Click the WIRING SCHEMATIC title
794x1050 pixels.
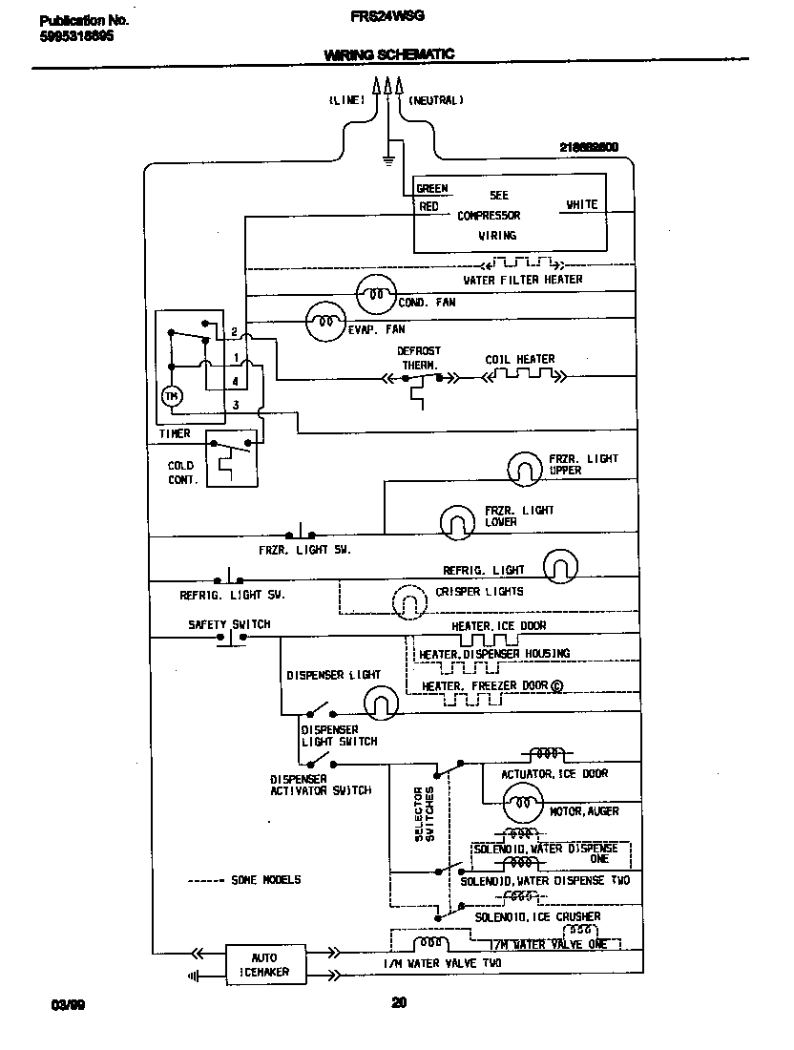(x=388, y=55)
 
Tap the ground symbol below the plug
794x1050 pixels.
(x=387, y=158)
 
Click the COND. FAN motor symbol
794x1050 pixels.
(x=375, y=296)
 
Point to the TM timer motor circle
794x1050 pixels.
(x=172, y=396)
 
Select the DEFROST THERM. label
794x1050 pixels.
(x=419, y=358)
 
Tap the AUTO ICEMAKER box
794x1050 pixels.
(x=264, y=964)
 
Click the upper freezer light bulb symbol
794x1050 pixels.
(x=524, y=466)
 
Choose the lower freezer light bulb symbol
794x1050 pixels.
(x=457, y=520)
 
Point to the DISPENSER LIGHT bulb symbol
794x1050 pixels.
(x=380, y=704)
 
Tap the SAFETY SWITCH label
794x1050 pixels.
(x=229, y=625)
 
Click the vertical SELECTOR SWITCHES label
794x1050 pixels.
(x=424, y=814)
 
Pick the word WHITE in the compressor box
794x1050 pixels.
(x=581, y=204)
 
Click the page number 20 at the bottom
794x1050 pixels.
(x=399, y=1001)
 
